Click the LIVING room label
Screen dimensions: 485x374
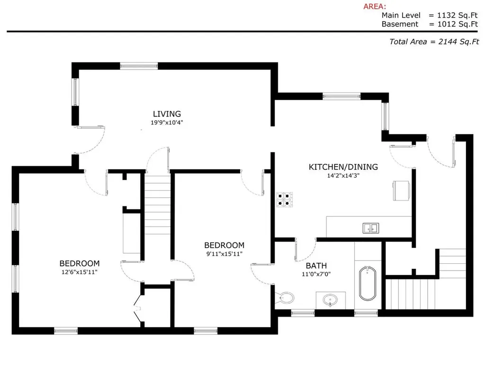(x=167, y=114)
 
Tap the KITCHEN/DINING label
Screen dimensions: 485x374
(x=343, y=167)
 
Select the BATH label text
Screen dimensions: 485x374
(x=316, y=266)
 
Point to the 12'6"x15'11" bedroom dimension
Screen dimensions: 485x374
(x=80, y=272)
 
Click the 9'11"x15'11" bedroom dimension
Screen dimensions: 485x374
(x=224, y=254)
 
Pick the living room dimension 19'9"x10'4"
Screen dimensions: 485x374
(x=167, y=123)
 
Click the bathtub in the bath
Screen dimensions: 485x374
(x=368, y=283)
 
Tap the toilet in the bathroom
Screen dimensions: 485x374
(x=285, y=298)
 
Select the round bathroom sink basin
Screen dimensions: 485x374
(x=330, y=300)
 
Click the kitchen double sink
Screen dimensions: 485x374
(x=371, y=228)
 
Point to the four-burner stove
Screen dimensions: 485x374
(x=285, y=199)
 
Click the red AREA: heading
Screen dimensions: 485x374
(x=375, y=6)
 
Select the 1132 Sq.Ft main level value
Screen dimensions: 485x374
(x=458, y=15)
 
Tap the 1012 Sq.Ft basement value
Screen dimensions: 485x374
(x=458, y=24)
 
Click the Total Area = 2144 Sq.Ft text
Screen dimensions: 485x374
(x=434, y=41)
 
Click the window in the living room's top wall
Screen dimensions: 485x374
(x=139, y=66)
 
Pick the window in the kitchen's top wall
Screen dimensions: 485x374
(x=341, y=96)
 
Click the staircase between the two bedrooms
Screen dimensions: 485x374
(x=157, y=205)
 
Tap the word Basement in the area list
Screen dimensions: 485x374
(x=400, y=24)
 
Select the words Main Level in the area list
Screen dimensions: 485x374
(x=401, y=15)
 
